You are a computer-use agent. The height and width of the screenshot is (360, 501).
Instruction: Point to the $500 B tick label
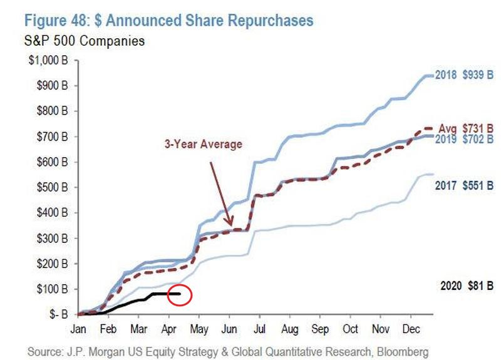[56, 187]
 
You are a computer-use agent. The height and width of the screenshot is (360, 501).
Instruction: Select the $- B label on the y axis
[60, 314]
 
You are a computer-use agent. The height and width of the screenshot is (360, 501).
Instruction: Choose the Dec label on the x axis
[410, 328]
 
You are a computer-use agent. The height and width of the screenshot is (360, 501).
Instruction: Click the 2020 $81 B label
[463, 285]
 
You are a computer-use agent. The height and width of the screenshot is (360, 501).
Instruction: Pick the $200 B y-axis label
[56, 264]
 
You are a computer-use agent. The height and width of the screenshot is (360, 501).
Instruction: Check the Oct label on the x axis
[350, 328]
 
